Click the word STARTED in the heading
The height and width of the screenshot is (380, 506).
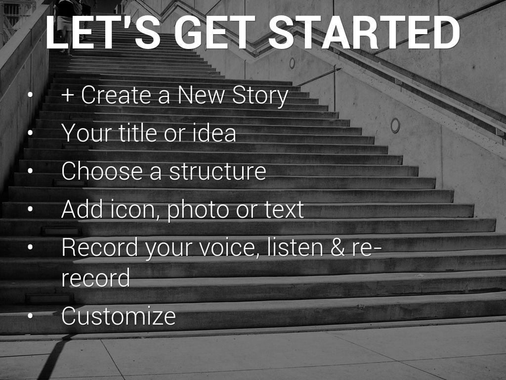(x=364, y=32)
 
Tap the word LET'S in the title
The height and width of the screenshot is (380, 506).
(x=103, y=32)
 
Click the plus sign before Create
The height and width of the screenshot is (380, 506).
(x=67, y=95)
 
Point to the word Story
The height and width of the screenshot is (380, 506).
(x=260, y=96)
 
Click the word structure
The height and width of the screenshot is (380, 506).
(x=218, y=171)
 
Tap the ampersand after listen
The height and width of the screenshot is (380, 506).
(x=337, y=247)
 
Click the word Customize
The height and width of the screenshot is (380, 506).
(x=119, y=316)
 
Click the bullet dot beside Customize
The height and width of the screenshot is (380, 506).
(x=30, y=316)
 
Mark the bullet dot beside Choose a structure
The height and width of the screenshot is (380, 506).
(x=30, y=171)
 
